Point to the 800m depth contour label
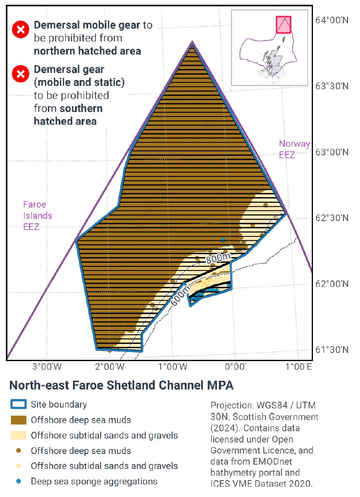218,259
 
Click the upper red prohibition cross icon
19,30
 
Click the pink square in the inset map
283,25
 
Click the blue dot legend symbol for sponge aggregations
19,481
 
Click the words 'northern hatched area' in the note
87,51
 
